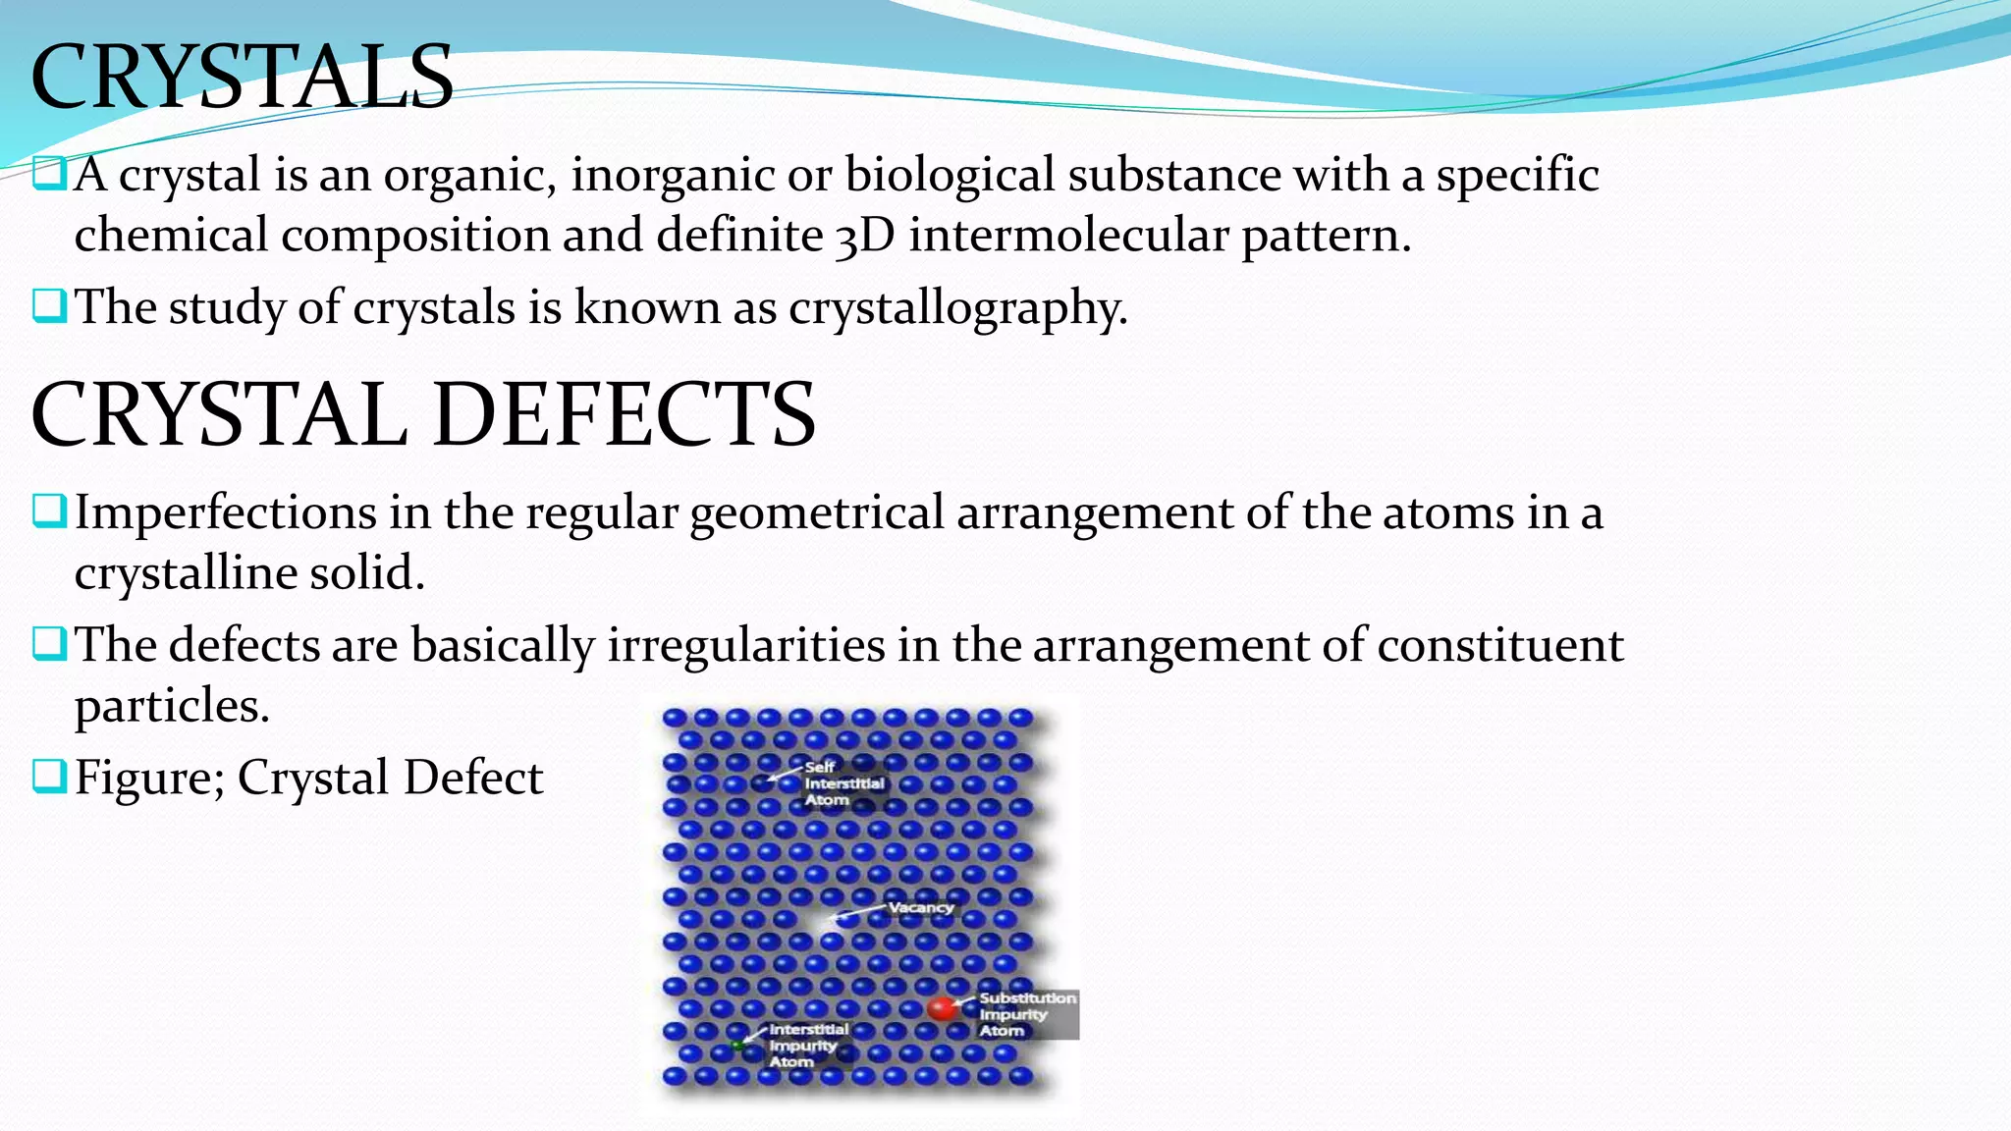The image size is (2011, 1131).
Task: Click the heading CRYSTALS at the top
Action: [242, 77]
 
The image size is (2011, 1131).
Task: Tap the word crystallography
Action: [957, 308]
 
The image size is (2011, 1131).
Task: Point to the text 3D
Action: [864, 237]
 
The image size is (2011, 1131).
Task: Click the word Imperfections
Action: [225, 513]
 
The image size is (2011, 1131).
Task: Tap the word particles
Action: [171, 706]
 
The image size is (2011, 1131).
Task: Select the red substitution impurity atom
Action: [942, 1008]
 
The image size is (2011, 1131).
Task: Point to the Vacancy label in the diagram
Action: [920, 907]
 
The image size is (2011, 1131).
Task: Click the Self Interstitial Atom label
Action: [843, 783]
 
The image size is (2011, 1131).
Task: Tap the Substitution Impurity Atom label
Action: [1026, 1014]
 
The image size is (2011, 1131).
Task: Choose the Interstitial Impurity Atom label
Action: [807, 1046]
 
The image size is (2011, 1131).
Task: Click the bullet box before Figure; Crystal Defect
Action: [48, 776]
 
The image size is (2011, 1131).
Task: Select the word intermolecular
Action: [1067, 237]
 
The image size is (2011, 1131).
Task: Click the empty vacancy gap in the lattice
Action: [815, 921]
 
